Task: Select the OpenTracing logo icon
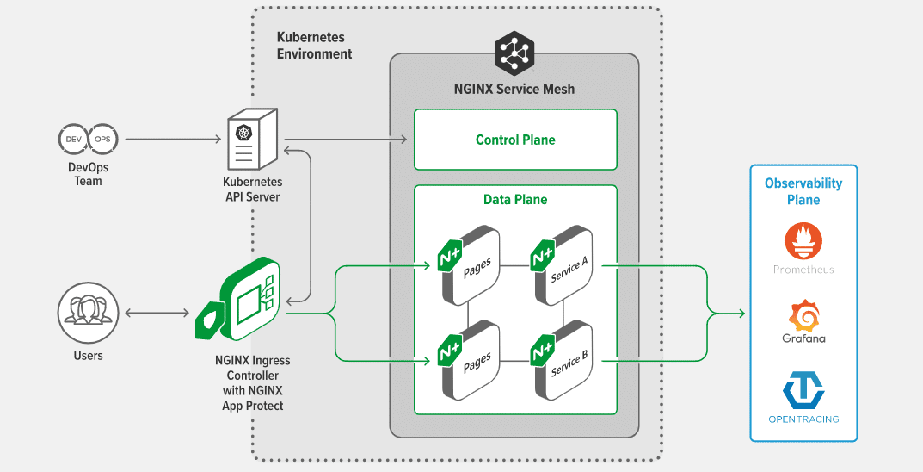pos(803,389)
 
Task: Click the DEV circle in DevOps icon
pos(73,139)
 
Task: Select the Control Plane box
pos(515,140)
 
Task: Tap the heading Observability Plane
pos(803,191)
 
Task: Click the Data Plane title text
pos(515,199)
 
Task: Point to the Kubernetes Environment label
pos(314,46)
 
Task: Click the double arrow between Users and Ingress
pos(157,314)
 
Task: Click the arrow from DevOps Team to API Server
pos(172,139)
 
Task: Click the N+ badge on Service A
pos(542,257)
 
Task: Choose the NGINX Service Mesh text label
pos(514,89)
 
